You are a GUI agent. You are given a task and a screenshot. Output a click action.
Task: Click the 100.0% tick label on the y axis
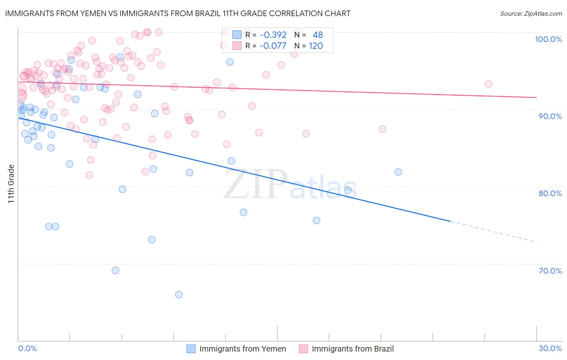(548, 39)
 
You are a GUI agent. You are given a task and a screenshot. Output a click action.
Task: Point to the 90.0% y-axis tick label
(550, 116)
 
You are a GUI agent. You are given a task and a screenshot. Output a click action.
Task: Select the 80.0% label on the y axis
(550, 193)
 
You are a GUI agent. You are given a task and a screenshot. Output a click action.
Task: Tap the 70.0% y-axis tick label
(550, 271)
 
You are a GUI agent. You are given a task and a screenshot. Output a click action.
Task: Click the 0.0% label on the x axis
(27, 348)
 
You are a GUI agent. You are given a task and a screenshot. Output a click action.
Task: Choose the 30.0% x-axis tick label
(550, 348)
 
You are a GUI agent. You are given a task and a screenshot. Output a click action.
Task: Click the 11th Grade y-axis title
(11, 184)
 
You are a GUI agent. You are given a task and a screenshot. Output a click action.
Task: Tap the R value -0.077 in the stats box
(273, 46)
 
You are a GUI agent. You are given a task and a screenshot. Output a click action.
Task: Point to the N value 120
(316, 46)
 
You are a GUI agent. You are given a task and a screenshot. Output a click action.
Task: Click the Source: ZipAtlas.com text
(531, 13)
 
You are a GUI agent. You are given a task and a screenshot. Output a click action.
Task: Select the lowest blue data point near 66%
(179, 295)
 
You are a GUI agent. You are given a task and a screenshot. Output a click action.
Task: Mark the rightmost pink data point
(488, 84)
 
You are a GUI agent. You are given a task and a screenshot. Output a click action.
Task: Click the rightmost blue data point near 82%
(398, 172)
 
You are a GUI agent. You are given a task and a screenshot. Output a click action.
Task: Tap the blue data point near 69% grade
(115, 270)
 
